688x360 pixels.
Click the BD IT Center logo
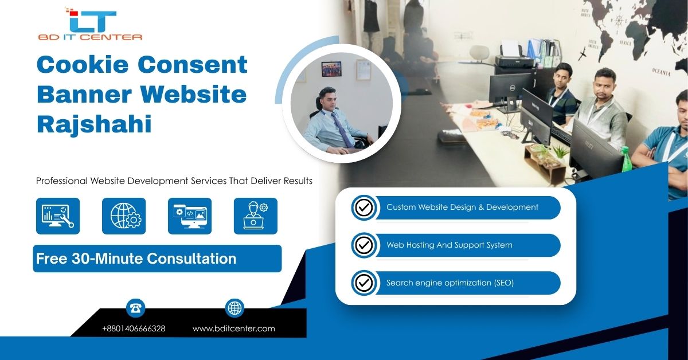click(x=90, y=24)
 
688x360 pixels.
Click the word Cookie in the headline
click(x=83, y=65)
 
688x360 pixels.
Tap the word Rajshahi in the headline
click(x=94, y=123)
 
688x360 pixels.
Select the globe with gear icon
click(x=124, y=216)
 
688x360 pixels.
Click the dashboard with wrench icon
click(x=58, y=216)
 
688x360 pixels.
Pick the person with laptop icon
click(x=256, y=216)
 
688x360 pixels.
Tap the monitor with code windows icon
click(x=190, y=216)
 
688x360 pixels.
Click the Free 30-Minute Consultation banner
click(x=157, y=259)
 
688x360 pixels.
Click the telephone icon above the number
click(x=135, y=308)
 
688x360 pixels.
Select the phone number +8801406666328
click(x=134, y=328)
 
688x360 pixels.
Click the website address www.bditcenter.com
click(x=234, y=328)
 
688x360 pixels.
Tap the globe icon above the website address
click(x=234, y=308)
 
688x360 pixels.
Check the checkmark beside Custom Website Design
click(x=364, y=208)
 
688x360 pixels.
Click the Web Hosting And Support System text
click(x=449, y=245)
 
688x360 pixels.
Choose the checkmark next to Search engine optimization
click(x=364, y=283)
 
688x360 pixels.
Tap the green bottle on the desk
click(x=626, y=159)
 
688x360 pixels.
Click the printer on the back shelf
click(x=514, y=58)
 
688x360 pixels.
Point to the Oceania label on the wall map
click(x=661, y=72)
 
